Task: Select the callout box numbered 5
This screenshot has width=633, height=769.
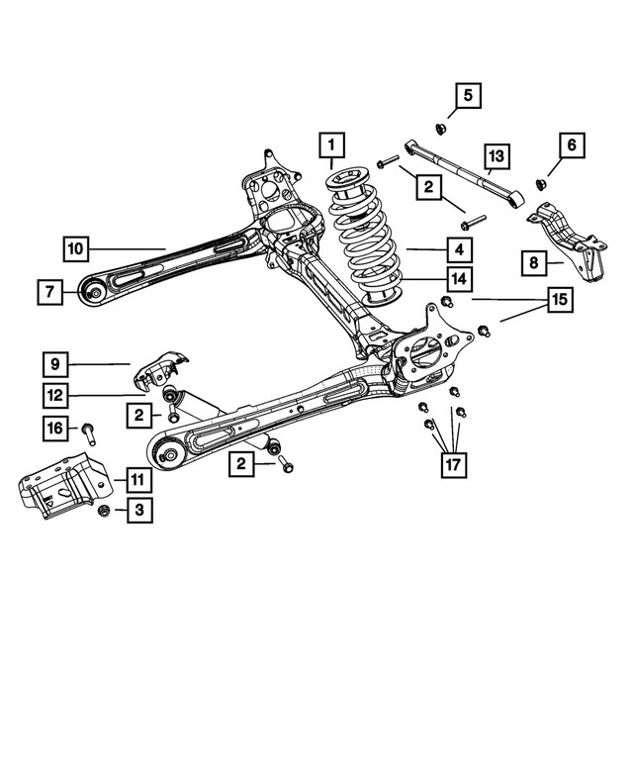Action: (469, 96)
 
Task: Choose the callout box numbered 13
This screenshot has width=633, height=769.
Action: (496, 156)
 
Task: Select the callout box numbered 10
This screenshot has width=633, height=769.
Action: (78, 248)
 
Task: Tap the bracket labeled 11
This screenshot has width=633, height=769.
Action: (59, 490)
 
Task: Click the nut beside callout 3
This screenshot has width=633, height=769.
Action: (104, 511)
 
